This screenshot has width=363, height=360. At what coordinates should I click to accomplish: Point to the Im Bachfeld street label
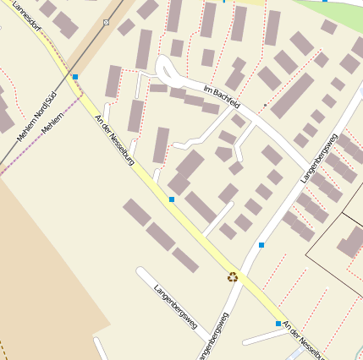click(223, 96)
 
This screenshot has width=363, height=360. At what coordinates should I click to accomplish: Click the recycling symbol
click(233, 276)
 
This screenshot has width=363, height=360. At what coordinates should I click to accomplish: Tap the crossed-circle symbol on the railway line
click(106, 22)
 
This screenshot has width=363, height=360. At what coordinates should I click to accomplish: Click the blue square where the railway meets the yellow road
click(75, 77)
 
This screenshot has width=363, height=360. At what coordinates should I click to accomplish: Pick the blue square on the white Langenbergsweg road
click(261, 245)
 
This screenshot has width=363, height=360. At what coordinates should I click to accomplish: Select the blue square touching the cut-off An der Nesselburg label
click(278, 323)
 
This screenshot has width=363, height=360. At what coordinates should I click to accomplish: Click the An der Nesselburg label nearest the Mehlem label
click(114, 139)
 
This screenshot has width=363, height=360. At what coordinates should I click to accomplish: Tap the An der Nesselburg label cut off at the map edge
click(303, 340)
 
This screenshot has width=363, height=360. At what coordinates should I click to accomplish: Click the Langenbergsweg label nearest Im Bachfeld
click(319, 157)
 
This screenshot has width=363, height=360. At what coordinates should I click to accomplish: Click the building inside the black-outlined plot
click(350, 244)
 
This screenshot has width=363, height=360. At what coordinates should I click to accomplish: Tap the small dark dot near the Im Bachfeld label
click(265, 106)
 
